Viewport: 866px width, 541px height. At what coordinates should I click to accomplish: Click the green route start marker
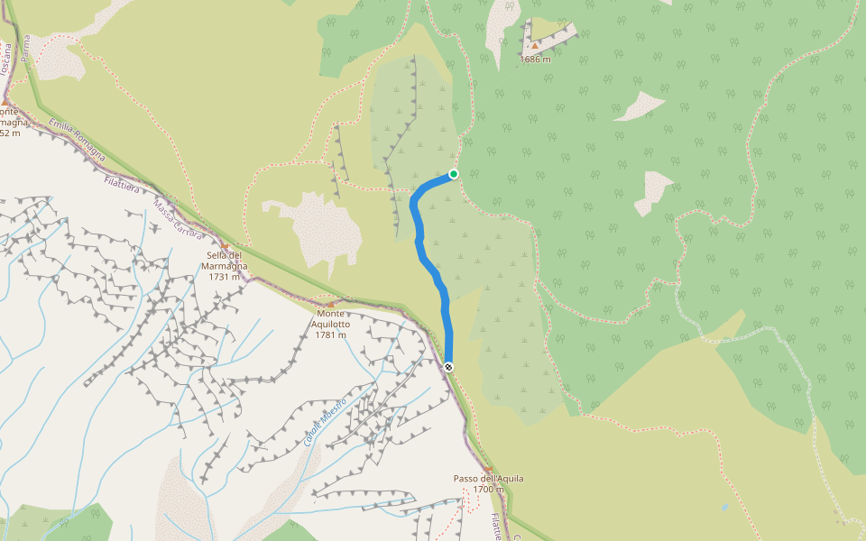[454, 174]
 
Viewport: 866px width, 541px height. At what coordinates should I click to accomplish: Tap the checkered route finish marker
[448, 366]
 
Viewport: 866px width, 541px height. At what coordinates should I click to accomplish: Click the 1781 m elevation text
[331, 335]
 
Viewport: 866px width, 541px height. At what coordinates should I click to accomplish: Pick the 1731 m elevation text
[225, 277]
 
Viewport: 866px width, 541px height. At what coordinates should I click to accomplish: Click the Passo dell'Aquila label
[488, 478]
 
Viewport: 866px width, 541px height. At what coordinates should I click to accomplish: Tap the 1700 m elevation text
[488, 490]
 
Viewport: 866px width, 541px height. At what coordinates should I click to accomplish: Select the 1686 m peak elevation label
[535, 60]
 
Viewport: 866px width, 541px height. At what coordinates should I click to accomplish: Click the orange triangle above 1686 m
[535, 45]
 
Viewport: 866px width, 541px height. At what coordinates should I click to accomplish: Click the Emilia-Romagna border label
[76, 141]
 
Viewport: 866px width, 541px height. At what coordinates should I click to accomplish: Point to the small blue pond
[723, 508]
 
